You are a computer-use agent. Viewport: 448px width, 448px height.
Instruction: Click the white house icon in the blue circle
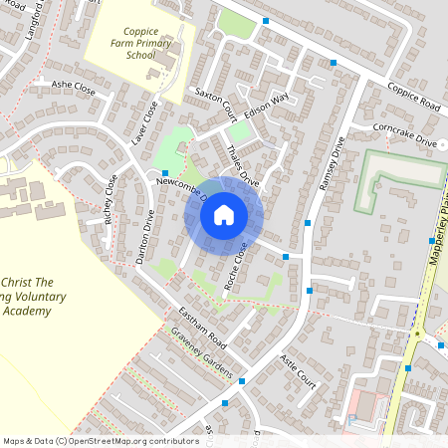[224, 214]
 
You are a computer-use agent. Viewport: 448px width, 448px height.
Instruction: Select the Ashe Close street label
[74, 89]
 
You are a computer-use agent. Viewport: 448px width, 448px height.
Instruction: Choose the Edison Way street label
[266, 106]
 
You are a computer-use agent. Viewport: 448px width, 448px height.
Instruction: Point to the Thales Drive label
[243, 168]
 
